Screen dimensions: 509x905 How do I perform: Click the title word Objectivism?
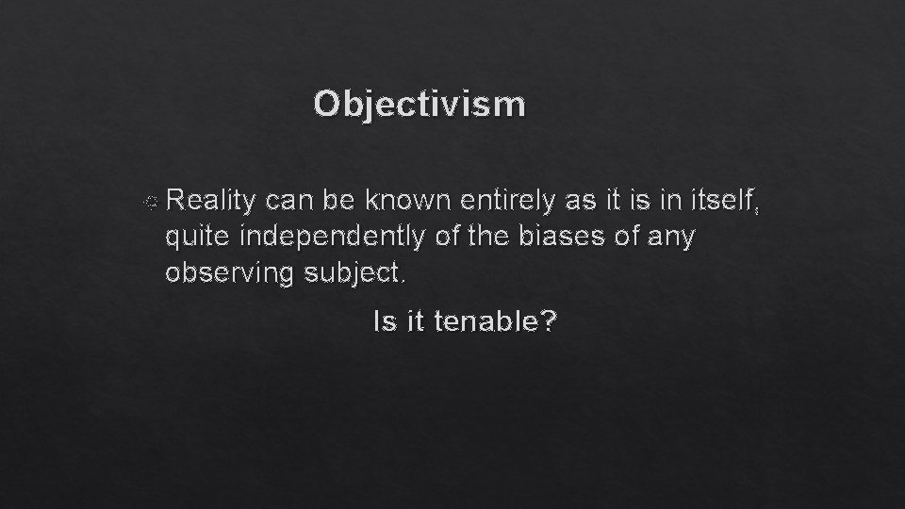(420, 104)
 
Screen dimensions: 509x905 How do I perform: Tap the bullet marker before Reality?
(153, 201)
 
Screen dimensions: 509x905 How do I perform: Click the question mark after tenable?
(549, 322)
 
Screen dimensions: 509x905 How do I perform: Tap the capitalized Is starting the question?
(382, 322)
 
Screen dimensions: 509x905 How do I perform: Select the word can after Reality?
(291, 200)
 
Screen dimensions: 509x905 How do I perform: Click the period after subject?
(406, 281)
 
